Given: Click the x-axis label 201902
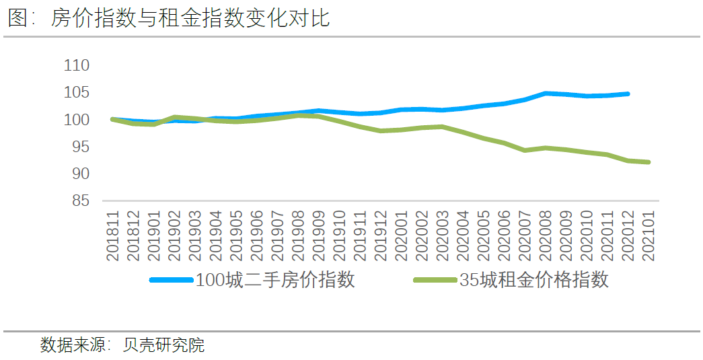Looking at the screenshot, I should tap(174, 235).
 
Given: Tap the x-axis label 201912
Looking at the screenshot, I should tap(381, 235).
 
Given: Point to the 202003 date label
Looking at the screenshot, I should tap(443, 235).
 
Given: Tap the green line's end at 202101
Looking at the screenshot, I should tap(649, 162).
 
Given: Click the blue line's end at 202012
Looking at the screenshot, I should tap(628, 94).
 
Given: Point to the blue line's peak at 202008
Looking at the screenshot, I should tap(546, 93).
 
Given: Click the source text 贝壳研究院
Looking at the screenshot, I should tap(163, 346).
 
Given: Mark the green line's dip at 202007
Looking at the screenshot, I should tap(525, 150).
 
